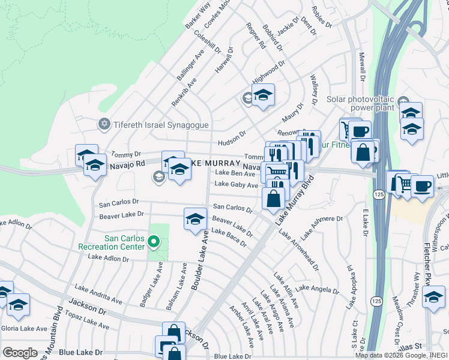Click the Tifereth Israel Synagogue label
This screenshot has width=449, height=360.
click(x=154, y=125)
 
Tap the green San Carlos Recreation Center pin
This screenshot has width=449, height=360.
click(x=154, y=242)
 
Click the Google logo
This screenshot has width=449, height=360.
click(x=20, y=352)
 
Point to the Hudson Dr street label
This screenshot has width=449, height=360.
click(x=232, y=138)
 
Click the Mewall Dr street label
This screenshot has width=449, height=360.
click(x=362, y=66)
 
